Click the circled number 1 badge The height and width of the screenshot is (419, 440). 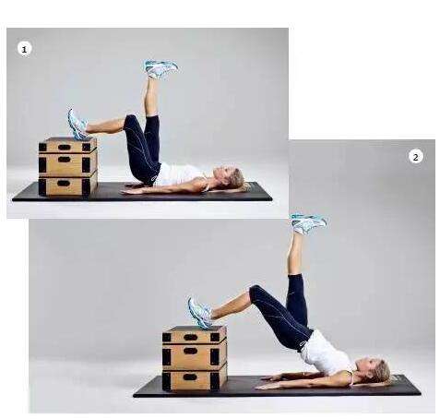(x=24, y=49)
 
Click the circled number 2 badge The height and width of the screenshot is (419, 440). (x=416, y=157)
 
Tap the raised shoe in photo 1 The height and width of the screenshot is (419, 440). (x=161, y=68)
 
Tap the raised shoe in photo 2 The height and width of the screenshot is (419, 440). (x=308, y=223)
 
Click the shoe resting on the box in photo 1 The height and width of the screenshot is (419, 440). (x=77, y=125)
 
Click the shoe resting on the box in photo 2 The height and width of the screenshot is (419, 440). (x=200, y=313)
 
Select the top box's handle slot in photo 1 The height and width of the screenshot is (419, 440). (x=64, y=147)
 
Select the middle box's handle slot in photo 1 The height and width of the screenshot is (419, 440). (x=64, y=160)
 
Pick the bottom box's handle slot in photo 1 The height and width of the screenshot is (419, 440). (x=64, y=184)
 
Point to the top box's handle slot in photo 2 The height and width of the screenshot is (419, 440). (x=190, y=338)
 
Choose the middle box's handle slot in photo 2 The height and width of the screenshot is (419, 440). (x=190, y=351)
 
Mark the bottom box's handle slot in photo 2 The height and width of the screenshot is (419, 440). (x=190, y=377)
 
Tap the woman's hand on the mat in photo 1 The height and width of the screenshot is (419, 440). (x=130, y=192)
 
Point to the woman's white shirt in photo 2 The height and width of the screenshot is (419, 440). (x=326, y=353)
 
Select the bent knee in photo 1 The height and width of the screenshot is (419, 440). (x=131, y=121)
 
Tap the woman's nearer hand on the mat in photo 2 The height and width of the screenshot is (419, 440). (x=265, y=387)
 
